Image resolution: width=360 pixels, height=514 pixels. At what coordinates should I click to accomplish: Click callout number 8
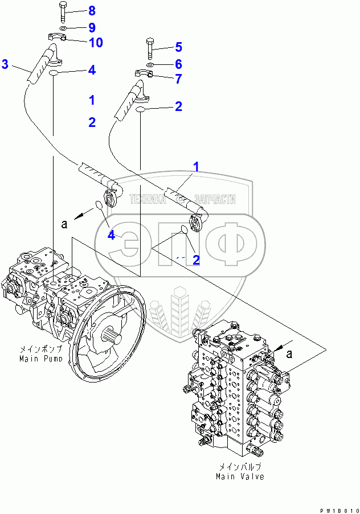click(x=92, y=11)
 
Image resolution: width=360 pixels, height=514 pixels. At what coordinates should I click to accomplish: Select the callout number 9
click(x=92, y=27)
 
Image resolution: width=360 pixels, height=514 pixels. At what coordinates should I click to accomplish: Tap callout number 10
click(x=95, y=42)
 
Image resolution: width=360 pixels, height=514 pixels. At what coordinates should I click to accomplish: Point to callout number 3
click(x=5, y=64)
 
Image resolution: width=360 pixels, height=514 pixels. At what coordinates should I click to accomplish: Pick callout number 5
click(x=178, y=46)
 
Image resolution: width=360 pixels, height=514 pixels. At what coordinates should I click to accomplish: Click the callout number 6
click(x=178, y=64)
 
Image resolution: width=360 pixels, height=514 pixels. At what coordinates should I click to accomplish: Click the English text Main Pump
click(x=41, y=359)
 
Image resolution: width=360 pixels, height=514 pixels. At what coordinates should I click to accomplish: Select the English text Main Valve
click(x=240, y=476)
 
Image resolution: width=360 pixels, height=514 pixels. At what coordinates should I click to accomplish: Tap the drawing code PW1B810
click(x=339, y=510)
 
